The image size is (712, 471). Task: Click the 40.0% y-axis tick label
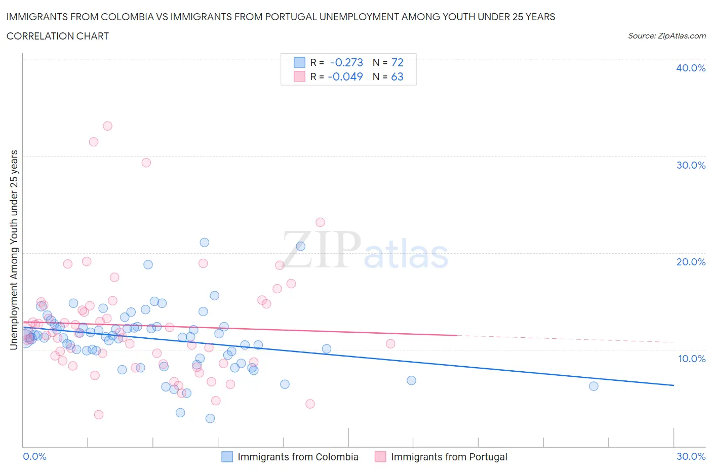[x=690, y=68]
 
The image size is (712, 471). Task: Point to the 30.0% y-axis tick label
[x=690, y=165]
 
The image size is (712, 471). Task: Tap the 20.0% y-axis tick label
[x=690, y=262]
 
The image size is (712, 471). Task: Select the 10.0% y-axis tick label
[x=691, y=359]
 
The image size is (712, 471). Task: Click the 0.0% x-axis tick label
[x=34, y=456]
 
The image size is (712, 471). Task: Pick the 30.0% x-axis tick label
[x=691, y=456]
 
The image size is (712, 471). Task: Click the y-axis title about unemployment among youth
[x=14, y=250]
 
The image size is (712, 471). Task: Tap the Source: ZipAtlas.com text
[x=666, y=36]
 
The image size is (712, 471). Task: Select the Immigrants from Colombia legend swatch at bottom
[x=227, y=457]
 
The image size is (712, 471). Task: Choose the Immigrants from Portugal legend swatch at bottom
[x=380, y=457]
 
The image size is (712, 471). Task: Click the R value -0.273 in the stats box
[x=346, y=62]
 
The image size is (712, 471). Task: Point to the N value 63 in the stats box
[x=397, y=76]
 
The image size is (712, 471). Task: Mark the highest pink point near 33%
[x=107, y=126]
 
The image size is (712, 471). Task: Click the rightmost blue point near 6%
[x=594, y=386]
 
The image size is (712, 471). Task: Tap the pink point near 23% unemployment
[x=320, y=222]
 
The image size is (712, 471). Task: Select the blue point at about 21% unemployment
[x=204, y=243]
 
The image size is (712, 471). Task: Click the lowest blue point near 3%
[x=210, y=418]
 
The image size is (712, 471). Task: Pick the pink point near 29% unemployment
[x=146, y=163]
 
